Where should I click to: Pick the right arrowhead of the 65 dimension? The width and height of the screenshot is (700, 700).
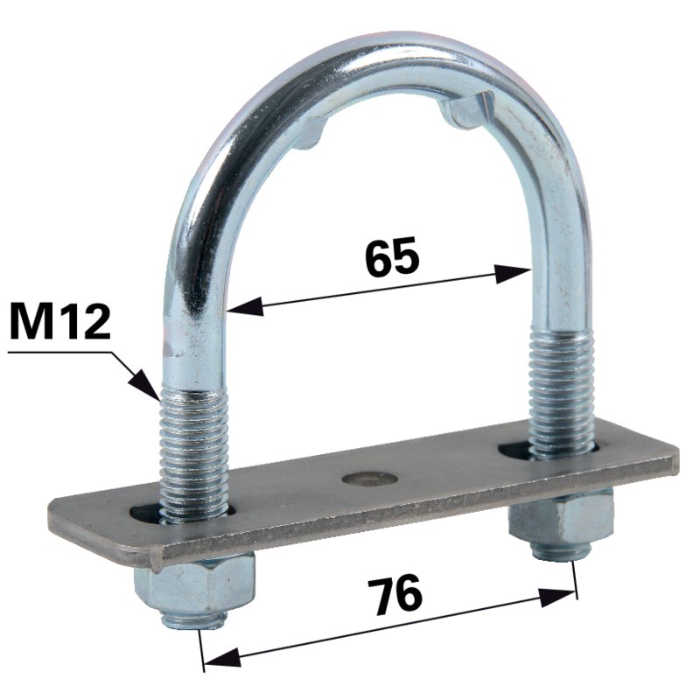pyautogui.click(x=513, y=274)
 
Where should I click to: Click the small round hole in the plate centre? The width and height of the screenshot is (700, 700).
pyautogui.click(x=369, y=479)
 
